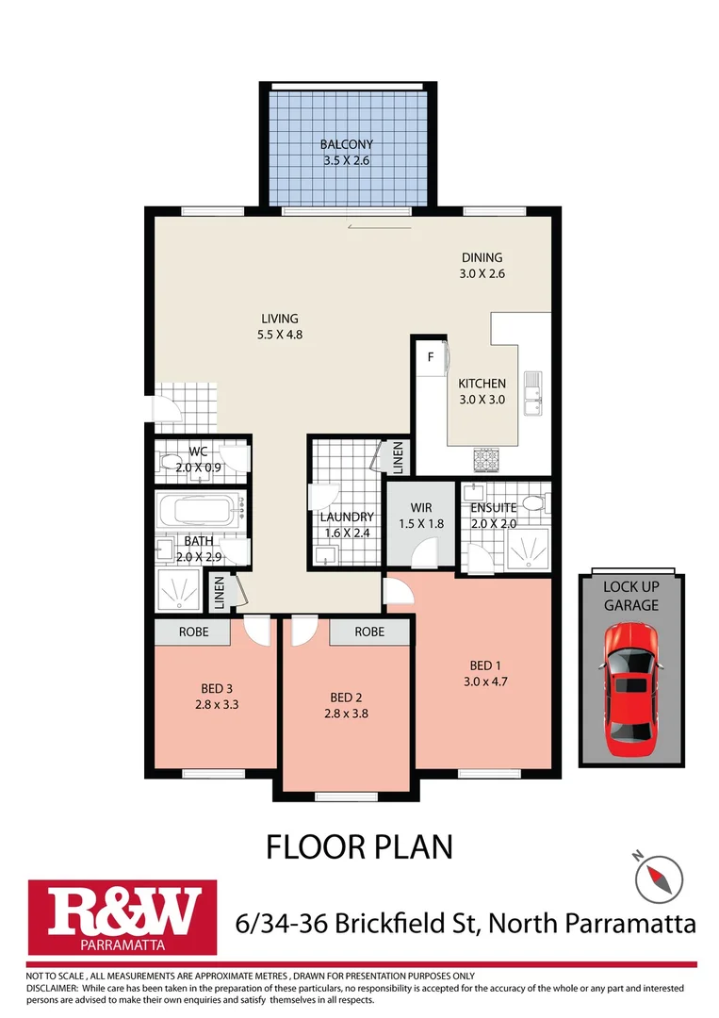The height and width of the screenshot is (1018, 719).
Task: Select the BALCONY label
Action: (346, 144)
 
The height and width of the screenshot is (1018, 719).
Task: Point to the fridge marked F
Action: (431, 357)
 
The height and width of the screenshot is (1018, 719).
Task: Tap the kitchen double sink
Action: (533, 393)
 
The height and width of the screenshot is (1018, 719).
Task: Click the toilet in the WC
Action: (172, 463)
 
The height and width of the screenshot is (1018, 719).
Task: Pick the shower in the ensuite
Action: (528, 548)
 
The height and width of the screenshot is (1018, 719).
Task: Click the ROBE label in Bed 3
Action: (193, 632)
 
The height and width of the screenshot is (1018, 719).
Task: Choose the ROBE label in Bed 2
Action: (369, 632)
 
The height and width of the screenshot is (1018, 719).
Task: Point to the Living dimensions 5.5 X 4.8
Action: (280, 334)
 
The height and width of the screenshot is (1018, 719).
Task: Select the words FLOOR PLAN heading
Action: (359, 846)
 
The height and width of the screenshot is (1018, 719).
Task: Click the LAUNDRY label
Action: (347, 517)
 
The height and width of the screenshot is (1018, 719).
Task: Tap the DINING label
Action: (482, 257)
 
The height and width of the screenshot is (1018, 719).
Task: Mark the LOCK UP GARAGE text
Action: (630, 596)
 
